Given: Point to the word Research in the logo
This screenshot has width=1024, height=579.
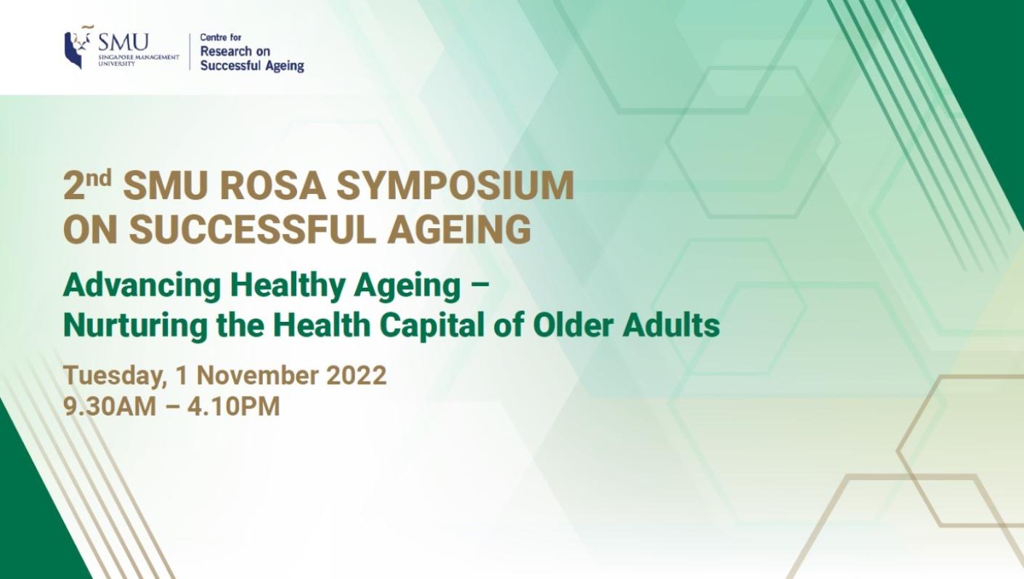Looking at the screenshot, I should [x=225, y=52].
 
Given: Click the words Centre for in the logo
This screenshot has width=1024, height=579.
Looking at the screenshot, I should [x=221, y=37].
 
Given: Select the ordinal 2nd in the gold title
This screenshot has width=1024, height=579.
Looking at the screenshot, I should [x=86, y=186].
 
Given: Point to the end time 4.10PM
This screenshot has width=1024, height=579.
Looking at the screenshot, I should [x=233, y=406].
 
